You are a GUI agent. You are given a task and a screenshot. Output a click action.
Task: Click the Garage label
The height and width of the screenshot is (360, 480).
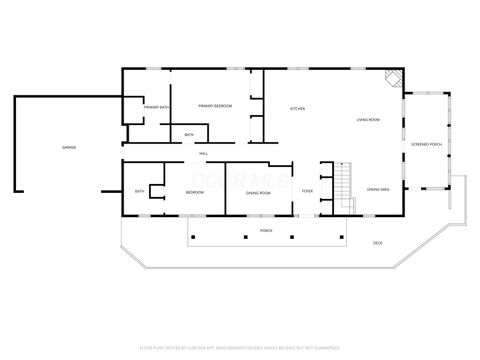[x=69, y=148]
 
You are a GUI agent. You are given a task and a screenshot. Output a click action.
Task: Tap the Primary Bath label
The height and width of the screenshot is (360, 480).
[x=156, y=107]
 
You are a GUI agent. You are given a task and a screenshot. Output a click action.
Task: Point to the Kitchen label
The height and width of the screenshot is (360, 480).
[x=297, y=108]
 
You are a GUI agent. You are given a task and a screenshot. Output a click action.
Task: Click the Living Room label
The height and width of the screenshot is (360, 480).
[x=368, y=120]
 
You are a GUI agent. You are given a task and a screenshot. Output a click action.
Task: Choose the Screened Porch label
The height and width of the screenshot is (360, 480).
[x=427, y=145]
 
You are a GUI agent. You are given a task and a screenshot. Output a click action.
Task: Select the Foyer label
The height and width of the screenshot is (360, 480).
[x=307, y=190]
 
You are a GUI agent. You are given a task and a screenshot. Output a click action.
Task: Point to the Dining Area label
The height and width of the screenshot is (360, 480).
[x=378, y=189]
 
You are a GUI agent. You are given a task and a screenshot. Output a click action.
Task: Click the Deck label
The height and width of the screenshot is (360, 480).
[x=377, y=243]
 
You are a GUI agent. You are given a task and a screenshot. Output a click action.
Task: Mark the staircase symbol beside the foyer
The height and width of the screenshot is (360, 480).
[x=344, y=184]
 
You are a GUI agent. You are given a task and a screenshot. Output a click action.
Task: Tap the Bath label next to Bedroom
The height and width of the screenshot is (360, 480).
[x=140, y=191]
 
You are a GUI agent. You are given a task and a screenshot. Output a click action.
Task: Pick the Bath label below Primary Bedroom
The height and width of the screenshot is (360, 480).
[x=189, y=135]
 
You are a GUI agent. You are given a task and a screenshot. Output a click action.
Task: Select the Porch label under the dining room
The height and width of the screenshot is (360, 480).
[x=266, y=230]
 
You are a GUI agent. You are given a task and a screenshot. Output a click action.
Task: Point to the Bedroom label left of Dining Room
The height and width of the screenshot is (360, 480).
[x=195, y=191]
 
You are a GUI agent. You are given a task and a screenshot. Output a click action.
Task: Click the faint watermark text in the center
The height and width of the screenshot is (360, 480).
[x=240, y=180]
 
